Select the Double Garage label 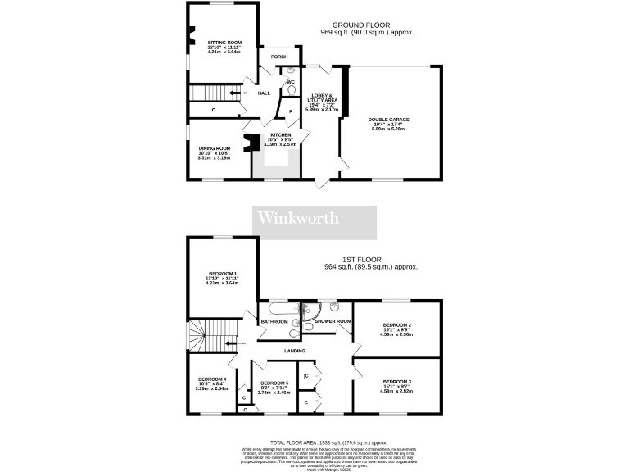pyautogui.click(x=390, y=120)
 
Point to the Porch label pyautogui.click(x=279, y=57)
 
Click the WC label pyautogui.click(x=290, y=82)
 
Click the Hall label pyautogui.click(x=264, y=93)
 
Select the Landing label pyautogui.click(x=295, y=351)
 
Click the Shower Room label pyautogui.click(x=333, y=321)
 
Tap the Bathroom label pyautogui.click(x=274, y=321)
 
